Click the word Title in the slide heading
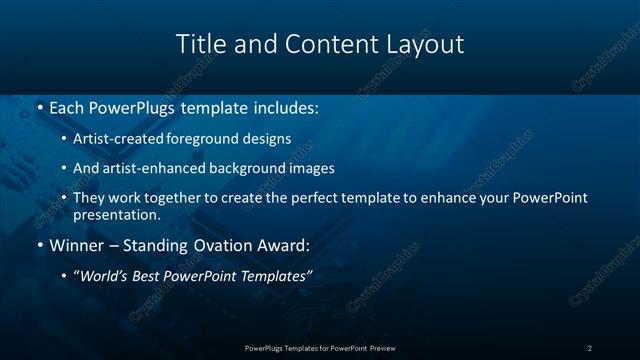199,44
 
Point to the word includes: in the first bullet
284,105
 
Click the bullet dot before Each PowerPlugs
39,106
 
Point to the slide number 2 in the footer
589,347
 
